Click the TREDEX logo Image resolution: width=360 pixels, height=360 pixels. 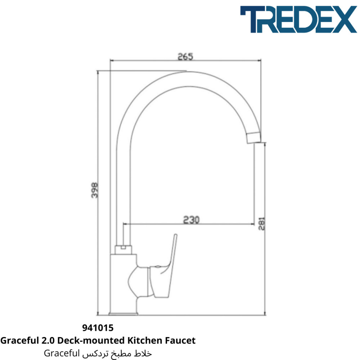(x=298, y=19)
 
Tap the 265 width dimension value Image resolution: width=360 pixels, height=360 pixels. (x=185, y=57)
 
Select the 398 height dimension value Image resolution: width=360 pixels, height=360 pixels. (x=95, y=190)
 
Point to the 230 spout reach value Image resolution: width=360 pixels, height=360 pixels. (x=192, y=220)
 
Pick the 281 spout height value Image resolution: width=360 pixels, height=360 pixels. (x=261, y=224)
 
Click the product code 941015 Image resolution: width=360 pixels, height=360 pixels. (x=98, y=328)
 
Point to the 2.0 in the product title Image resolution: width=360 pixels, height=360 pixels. (x=48, y=340)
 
